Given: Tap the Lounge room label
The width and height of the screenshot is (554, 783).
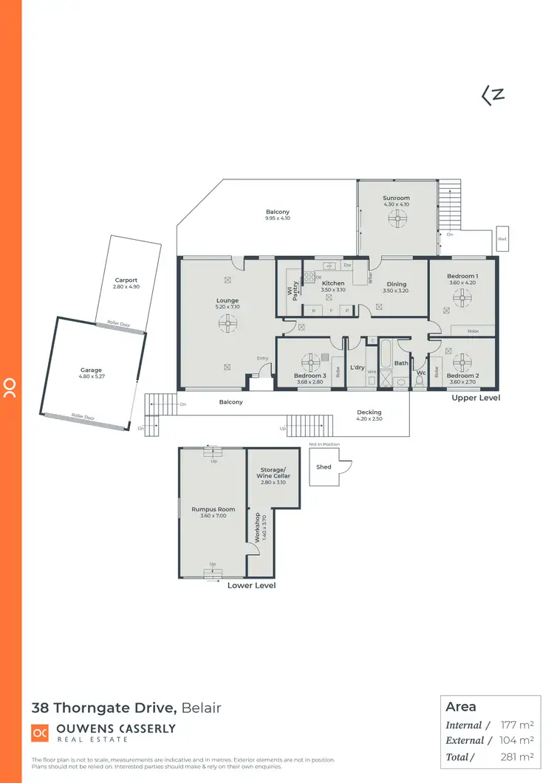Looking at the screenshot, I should point(228,300).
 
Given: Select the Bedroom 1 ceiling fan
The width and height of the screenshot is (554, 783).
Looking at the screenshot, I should point(463,296).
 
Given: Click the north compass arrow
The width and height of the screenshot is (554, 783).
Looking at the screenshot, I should point(493,95).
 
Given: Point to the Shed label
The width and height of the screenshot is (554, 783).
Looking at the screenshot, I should point(324,467).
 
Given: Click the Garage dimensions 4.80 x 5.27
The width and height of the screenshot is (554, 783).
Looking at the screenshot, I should point(92,377).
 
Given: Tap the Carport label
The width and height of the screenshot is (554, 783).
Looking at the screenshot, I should point(126,280).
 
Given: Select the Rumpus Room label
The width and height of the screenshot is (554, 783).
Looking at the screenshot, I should point(213,509).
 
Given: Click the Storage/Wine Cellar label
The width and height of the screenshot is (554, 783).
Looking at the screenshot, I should point(273,473).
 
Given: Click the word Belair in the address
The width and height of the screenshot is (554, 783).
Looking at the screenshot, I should point(201,708).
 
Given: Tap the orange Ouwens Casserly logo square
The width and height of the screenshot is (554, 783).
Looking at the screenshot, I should point(40,733).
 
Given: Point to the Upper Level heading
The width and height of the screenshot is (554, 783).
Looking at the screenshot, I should point(476,398).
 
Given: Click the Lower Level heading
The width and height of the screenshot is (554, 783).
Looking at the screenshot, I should point(251,585).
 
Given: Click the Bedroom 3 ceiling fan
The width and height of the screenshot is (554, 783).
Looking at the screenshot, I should point(308,362).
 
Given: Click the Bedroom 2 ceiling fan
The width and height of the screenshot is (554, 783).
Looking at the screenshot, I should point(463,362).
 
